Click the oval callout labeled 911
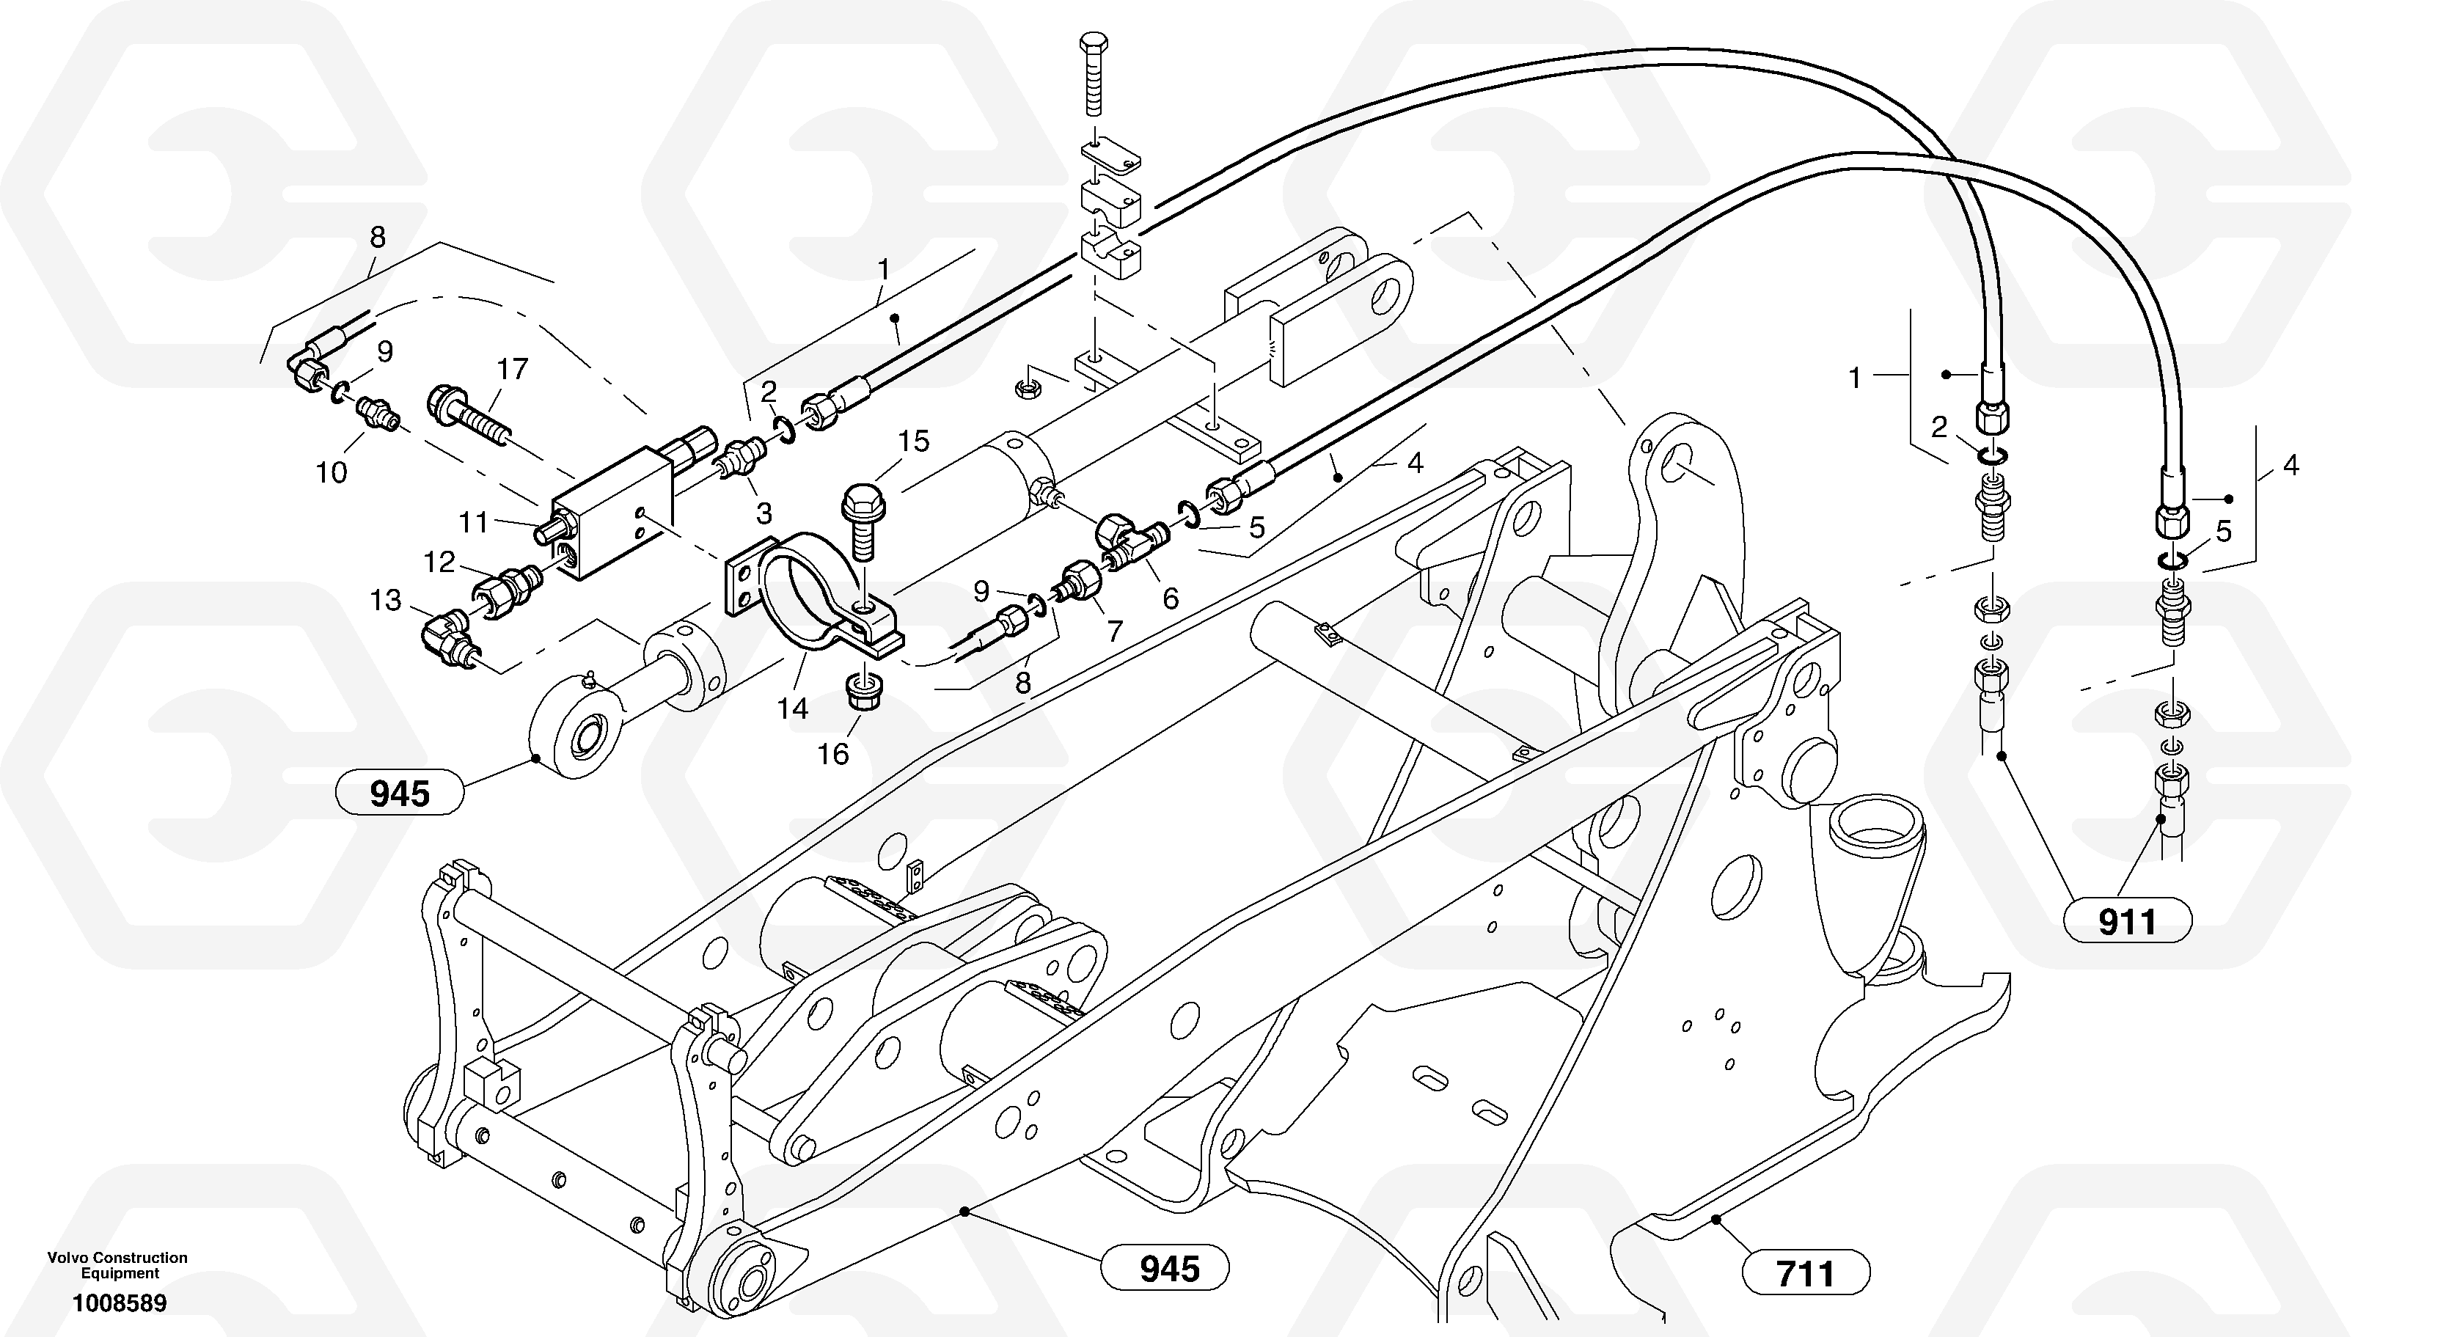point(2127,921)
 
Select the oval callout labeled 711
point(1806,1273)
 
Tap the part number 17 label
point(513,370)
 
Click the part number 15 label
point(913,441)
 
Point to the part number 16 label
point(832,754)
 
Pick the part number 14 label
point(792,708)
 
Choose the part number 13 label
point(386,600)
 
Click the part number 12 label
point(439,562)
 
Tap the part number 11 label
point(473,521)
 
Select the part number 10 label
point(332,472)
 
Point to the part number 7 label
point(1114,631)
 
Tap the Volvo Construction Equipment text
point(118,1265)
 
